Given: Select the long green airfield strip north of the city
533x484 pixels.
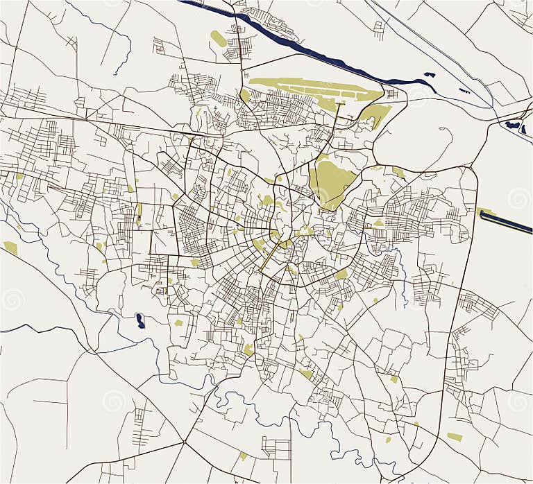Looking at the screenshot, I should [x=312, y=87].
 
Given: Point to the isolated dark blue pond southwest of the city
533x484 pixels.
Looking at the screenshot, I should [x=140, y=320].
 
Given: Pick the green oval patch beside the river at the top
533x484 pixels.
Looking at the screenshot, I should [x=218, y=39].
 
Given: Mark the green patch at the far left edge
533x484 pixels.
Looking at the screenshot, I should [x=10, y=247].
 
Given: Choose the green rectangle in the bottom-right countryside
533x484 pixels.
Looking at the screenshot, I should [x=455, y=437].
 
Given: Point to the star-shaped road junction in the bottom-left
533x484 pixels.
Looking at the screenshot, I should [x=184, y=442].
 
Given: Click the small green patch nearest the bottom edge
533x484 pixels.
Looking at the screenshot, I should [x=243, y=456].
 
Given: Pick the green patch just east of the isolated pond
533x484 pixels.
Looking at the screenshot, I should [x=178, y=322].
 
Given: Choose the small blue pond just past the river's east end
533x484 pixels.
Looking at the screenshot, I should [x=429, y=74].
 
